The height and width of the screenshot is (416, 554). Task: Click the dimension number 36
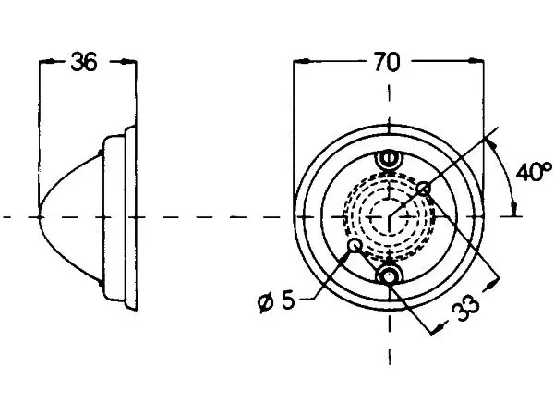coord(84,62)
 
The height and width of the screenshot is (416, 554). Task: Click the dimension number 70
coord(387,62)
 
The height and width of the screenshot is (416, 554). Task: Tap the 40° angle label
coord(534,172)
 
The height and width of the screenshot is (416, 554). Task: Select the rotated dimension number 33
coord(466,309)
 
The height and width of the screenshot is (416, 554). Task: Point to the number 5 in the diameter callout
coord(288,300)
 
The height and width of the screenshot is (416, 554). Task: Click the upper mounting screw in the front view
coord(389,159)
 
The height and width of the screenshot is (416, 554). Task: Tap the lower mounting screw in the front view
coord(389,275)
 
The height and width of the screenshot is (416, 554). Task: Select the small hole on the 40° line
coord(424,189)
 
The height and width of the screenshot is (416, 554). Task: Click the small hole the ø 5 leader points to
coord(355,246)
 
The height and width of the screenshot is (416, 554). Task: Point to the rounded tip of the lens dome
coord(40,216)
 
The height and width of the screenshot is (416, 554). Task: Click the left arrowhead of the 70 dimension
coord(301,61)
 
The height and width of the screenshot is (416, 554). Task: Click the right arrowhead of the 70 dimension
coord(476,61)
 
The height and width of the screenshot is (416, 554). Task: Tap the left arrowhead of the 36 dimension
coord(47,62)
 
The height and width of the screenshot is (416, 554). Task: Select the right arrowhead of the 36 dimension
coord(128,62)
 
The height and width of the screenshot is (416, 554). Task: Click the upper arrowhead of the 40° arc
coord(490,144)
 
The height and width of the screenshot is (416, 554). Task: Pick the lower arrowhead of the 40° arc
coord(514,209)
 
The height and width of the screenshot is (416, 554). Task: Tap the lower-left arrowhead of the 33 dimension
coord(438,327)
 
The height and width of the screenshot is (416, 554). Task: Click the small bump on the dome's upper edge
coord(101,153)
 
